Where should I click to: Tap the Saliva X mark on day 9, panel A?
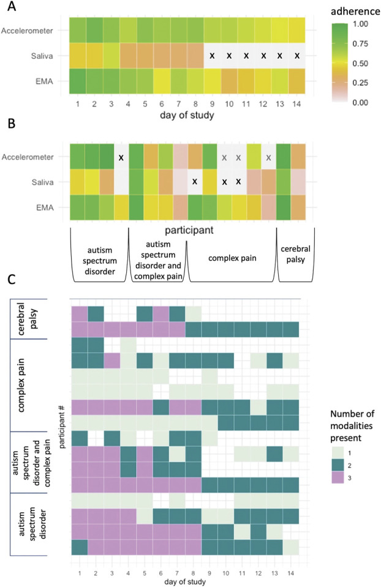tap(212, 56)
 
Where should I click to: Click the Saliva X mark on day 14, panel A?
tap(297, 56)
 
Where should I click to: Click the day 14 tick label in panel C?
tap(290, 572)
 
